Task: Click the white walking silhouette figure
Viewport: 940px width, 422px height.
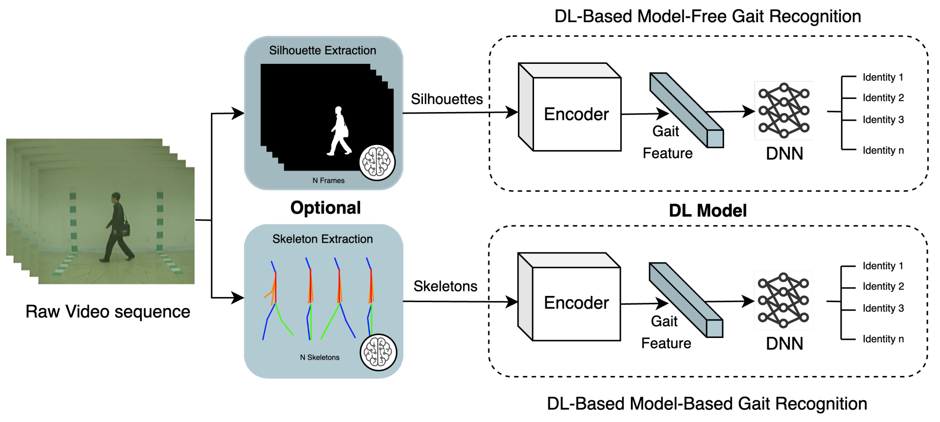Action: (339, 131)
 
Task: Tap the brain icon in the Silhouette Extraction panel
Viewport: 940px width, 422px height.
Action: (377, 163)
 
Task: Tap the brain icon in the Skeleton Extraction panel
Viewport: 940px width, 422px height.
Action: (378, 352)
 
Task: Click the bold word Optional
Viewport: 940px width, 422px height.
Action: (325, 208)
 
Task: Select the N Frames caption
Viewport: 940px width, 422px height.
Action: (328, 180)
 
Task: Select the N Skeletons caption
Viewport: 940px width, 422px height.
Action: (320, 357)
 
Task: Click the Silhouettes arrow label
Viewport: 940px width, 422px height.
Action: (447, 99)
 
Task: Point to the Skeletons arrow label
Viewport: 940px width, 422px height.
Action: (445, 286)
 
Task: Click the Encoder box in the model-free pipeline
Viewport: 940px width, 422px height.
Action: (570, 107)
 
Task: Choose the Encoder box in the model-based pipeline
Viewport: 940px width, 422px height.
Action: (569, 297)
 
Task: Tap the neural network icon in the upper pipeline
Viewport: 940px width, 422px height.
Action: (784, 110)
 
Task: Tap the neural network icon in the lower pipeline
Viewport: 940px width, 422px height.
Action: (783, 300)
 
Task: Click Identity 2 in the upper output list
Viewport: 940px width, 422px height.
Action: (883, 98)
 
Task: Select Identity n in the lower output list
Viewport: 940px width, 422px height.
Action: (883, 339)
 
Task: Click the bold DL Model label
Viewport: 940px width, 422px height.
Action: (708, 211)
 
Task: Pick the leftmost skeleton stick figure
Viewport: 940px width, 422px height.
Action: (278, 300)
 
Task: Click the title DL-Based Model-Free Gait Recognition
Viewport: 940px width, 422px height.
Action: (708, 16)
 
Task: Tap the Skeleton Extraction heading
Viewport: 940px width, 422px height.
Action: (323, 239)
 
